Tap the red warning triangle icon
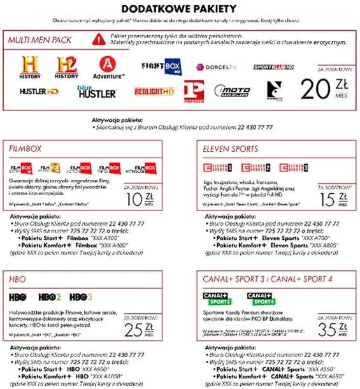(x=98, y=39)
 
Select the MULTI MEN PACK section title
(x=40, y=40)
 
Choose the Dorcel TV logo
(x=216, y=66)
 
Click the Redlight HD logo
(x=154, y=91)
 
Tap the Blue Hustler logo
(x=96, y=91)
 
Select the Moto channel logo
(x=232, y=91)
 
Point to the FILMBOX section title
(x=25, y=149)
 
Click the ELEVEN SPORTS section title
(x=231, y=149)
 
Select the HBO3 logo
(x=81, y=297)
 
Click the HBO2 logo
(x=50, y=297)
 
